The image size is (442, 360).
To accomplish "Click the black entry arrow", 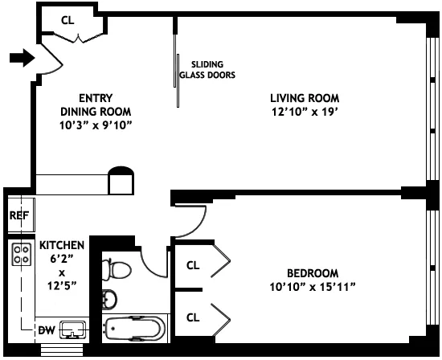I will click(23, 57).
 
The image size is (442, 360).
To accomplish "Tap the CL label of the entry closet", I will click(68, 20).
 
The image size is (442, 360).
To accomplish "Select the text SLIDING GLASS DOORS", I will click(212, 70).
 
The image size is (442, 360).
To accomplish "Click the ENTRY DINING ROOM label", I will click(96, 104).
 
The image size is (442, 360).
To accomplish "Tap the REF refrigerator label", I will click(18, 216).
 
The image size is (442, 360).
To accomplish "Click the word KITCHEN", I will click(61, 244).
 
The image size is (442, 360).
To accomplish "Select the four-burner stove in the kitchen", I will click(21, 256).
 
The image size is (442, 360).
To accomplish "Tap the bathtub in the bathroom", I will click(135, 328).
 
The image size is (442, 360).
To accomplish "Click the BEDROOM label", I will click(313, 272).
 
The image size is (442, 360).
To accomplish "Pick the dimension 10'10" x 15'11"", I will click(313, 286).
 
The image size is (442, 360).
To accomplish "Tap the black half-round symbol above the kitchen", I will click(120, 172).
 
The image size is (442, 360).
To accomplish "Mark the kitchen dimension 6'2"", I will click(61, 259).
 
